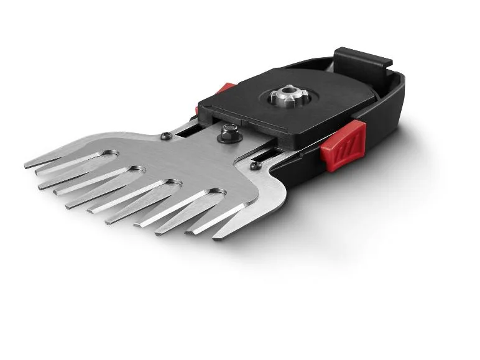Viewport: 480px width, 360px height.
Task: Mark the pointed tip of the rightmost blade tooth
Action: click(x=216, y=237)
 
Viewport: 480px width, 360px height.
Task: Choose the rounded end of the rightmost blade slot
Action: click(x=218, y=193)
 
